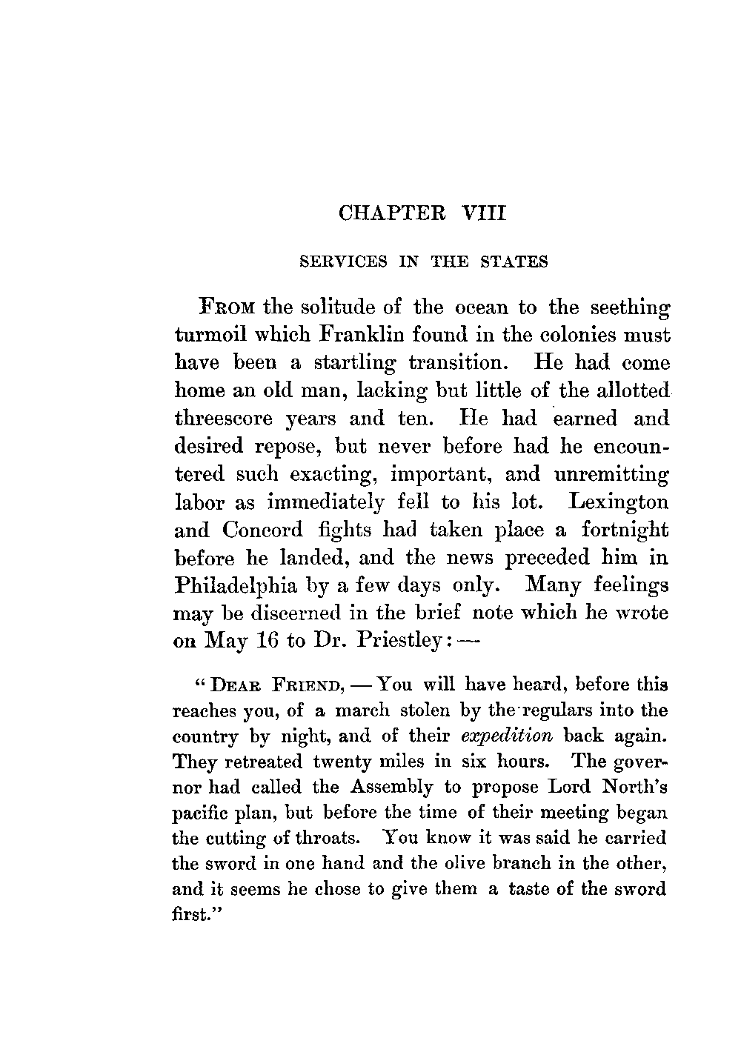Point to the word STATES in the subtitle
click(514, 262)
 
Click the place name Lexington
click(619, 502)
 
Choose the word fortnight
click(625, 530)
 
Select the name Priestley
click(399, 642)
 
